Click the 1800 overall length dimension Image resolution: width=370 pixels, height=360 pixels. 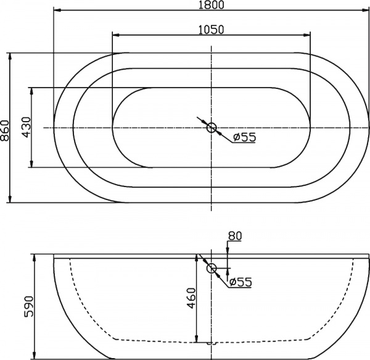212,5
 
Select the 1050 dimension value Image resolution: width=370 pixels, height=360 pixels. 211,28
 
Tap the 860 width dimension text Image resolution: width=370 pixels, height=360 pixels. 6,128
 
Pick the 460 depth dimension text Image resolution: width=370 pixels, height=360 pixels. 191,299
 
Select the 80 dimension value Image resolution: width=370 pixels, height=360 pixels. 234,235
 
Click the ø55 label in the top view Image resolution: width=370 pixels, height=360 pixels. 245,137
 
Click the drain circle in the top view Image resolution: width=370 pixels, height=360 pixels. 212,128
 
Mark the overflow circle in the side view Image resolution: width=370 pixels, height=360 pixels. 212,268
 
